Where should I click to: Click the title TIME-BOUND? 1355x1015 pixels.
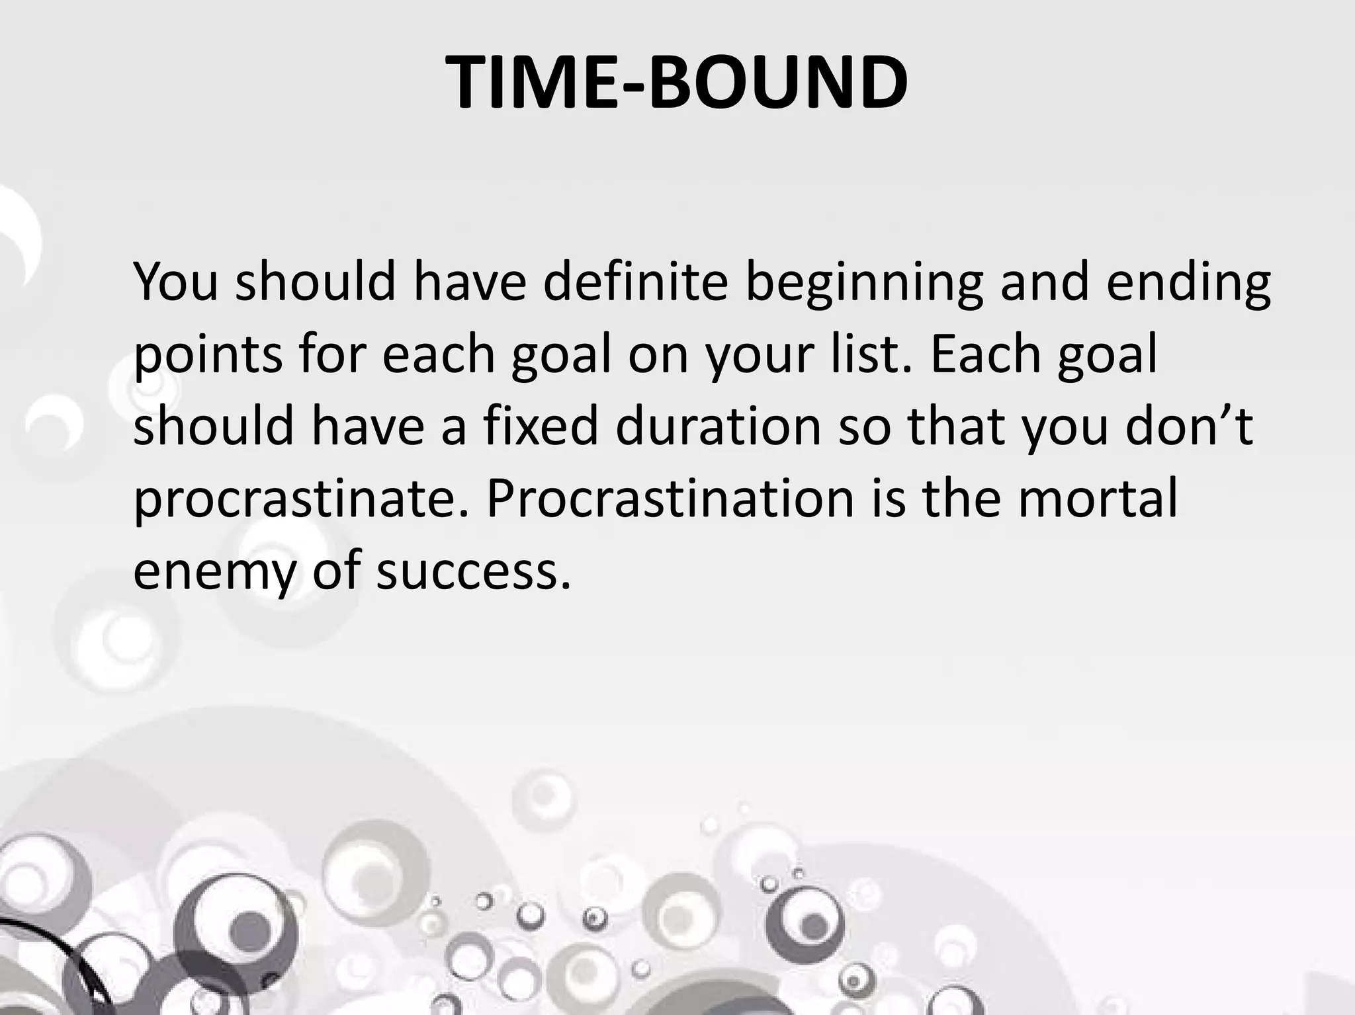point(677,83)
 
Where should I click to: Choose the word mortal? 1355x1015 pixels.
point(1098,499)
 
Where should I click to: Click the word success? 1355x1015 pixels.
point(473,572)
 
